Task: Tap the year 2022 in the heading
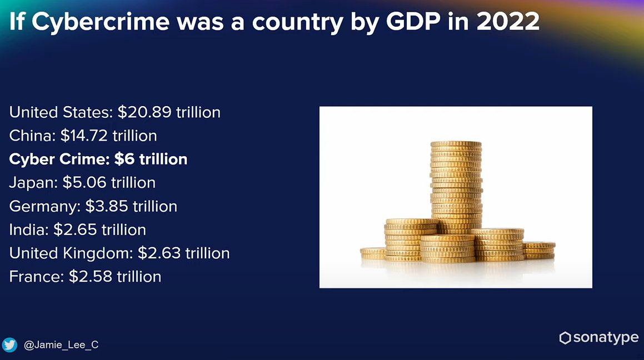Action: coord(508,21)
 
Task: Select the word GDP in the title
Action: coord(413,21)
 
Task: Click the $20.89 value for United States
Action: coord(144,112)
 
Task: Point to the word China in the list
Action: coord(31,136)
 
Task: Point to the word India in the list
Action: coord(27,229)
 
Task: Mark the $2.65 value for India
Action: coord(75,229)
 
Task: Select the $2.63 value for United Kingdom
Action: coord(159,253)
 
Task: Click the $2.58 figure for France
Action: coord(91,276)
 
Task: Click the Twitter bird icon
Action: coord(9,345)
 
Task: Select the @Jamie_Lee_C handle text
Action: coord(61,345)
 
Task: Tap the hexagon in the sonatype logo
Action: coord(565,338)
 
